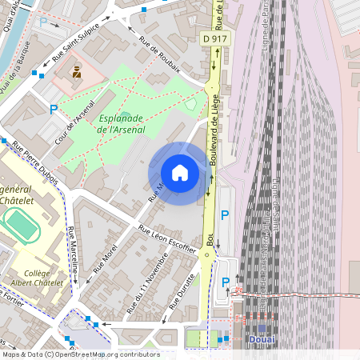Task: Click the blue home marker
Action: pyautogui.click(x=180, y=173)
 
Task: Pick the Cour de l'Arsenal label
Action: pyautogui.click(x=76, y=122)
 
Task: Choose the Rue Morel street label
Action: pyautogui.click(x=105, y=254)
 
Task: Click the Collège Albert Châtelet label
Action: pyautogui.click(x=31, y=278)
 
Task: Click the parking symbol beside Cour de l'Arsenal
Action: pyautogui.click(x=54, y=110)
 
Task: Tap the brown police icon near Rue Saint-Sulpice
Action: pyautogui.click(x=77, y=72)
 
